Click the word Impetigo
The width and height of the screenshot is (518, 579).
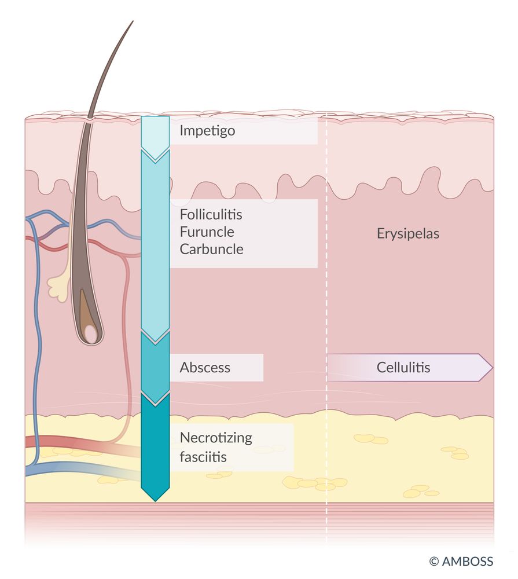tap(207, 131)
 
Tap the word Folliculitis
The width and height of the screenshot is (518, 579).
tap(211, 214)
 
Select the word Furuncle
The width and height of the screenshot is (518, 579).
tap(207, 232)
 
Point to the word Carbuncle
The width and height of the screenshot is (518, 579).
tap(212, 249)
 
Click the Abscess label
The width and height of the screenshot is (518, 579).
tap(205, 368)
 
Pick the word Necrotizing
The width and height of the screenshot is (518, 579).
tap(216, 438)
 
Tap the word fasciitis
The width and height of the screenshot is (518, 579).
tap(203, 457)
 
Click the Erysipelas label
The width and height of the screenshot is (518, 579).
tap(408, 234)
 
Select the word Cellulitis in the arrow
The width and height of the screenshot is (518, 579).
tap(403, 368)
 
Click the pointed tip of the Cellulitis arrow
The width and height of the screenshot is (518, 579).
tap(493, 368)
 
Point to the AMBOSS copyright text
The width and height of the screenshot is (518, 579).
tap(461, 561)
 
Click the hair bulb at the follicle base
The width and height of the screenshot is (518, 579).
tap(90, 332)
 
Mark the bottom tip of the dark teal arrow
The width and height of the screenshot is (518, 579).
tap(156, 501)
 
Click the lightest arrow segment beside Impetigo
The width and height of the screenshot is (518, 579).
tap(156, 137)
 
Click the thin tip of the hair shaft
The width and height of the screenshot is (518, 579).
tap(133, 21)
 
